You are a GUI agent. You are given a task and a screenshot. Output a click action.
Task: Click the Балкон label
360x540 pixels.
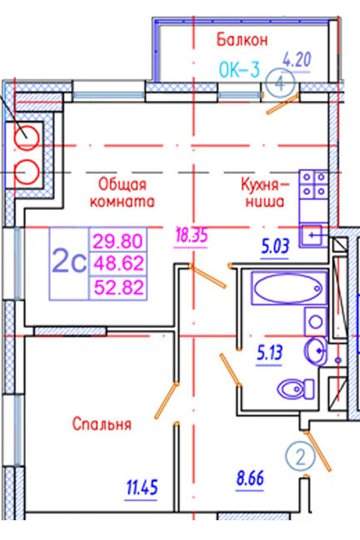point(242,40)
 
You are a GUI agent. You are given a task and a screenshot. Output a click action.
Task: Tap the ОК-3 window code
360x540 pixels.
point(239,71)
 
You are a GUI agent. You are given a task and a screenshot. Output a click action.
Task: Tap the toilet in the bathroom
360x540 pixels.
point(296,388)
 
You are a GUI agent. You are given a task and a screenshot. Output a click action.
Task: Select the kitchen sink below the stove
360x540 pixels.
point(314,235)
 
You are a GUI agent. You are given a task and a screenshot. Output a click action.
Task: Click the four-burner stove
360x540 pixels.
point(314,184)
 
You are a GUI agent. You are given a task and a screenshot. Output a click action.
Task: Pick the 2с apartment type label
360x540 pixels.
point(68,262)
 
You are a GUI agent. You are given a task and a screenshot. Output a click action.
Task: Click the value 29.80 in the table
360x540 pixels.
point(118,242)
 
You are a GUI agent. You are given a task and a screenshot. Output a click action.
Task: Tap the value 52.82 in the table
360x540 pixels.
point(118,287)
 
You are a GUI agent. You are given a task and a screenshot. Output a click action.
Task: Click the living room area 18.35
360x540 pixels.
point(191,235)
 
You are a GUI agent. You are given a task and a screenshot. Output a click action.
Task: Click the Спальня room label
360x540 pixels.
point(101,425)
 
